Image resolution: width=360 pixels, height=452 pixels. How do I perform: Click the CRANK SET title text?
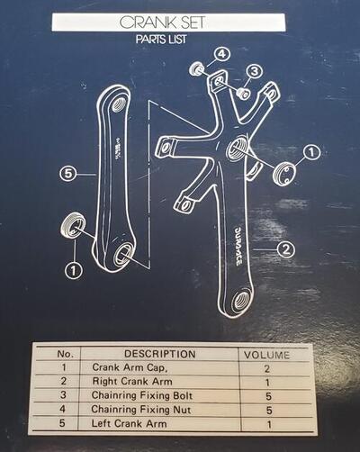(162, 23)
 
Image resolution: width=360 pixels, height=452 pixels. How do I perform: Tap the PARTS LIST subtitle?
(161, 40)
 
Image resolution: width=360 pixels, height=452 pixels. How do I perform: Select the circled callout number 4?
(221, 55)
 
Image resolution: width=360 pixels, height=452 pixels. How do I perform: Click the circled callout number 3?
(255, 72)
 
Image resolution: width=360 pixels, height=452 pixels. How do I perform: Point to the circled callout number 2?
(285, 249)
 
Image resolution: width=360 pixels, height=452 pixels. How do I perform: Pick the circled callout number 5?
(68, 174)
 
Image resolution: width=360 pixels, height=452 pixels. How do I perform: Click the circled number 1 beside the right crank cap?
(312, 152)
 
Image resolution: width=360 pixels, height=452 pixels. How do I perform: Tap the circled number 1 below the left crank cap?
(74, 270)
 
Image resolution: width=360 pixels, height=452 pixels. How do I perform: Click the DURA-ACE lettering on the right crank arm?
(238, 246)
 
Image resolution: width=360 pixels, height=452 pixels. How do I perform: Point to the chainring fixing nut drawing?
(197, 68)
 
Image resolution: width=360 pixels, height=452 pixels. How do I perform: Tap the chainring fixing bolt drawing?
(243, 93)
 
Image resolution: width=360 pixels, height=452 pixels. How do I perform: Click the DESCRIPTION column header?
(160, 354)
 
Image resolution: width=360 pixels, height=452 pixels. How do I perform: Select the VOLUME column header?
(267, 355)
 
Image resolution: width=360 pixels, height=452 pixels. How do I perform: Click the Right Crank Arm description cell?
(132, 381)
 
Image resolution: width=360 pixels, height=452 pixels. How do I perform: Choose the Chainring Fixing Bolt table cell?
(142, 395)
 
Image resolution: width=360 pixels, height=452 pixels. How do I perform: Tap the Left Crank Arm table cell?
(129, 423)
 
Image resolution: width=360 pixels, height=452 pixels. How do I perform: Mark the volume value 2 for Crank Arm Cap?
(267, 368)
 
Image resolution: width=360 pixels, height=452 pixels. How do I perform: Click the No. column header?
(65, 354)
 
